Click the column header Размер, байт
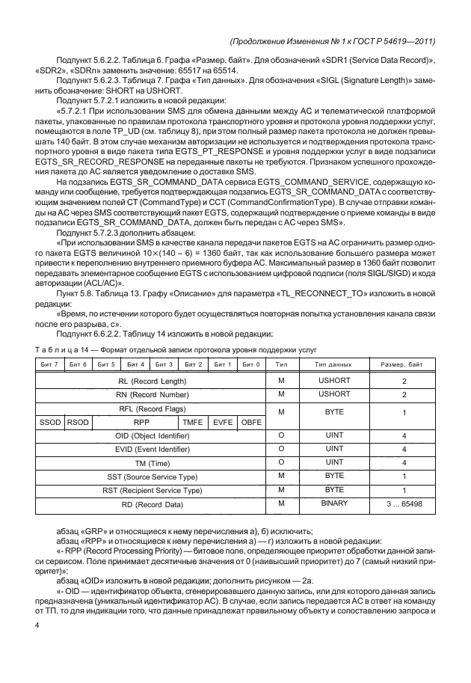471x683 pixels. tap(404, 364)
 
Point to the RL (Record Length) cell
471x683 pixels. tap(153, 381)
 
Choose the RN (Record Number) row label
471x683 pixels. tap(153, 394)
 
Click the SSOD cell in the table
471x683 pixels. tap(50, 422)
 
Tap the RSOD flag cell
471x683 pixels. tap(77, 422)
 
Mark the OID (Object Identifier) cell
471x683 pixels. tap(153, 435)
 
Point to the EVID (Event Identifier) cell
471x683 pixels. tap(153, 449)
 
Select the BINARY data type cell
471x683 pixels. tap(330, 503)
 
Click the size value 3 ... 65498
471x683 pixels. tap(404, 504)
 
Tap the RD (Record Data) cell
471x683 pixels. tap(153, 504)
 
